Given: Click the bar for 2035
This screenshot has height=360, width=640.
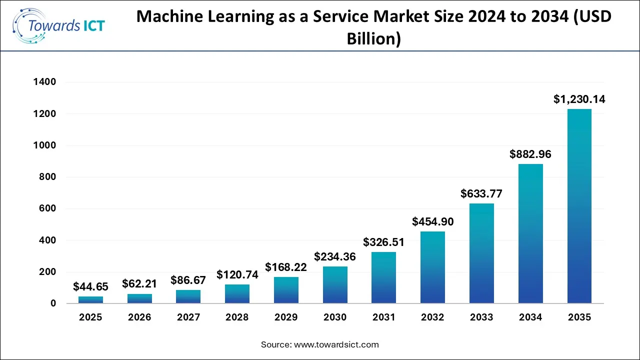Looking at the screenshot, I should point(579,206).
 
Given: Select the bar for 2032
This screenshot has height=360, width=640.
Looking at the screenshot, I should point(432,267).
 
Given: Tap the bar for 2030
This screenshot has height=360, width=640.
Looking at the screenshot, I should point(335,284).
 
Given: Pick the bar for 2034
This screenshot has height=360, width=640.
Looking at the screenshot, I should point(530,233).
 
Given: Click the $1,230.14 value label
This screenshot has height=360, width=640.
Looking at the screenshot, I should point(579,99).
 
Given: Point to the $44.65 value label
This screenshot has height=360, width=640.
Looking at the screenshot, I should point(90,286).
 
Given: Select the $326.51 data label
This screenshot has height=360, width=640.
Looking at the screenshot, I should point(383,242).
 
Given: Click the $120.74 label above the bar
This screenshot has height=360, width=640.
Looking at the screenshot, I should point(237,274).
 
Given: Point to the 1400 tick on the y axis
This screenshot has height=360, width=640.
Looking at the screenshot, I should point(44,82).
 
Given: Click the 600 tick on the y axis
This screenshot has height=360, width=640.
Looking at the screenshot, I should point(48,208).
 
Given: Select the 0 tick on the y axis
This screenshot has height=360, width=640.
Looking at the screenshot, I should point(53,303).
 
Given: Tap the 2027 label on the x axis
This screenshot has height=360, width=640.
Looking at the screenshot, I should point(188,317).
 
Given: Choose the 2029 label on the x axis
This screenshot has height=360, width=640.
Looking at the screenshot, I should point(286,317).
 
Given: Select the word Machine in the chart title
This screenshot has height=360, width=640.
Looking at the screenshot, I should point(167,16).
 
